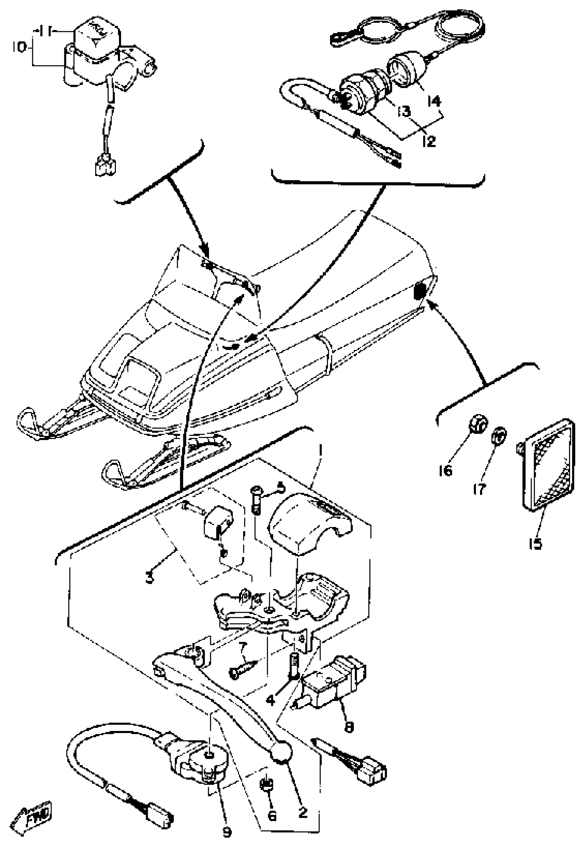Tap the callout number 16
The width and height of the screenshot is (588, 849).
445,470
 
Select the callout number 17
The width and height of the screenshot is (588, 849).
480,489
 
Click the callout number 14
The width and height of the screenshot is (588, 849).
435,101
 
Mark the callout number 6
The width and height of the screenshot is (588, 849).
272,815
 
